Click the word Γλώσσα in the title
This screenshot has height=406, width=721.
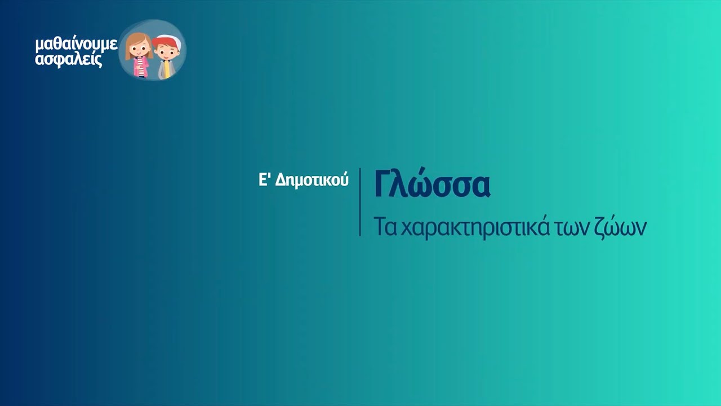tap(432, 185)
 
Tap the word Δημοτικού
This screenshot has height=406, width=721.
tap(312, 180)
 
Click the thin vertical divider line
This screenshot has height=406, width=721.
tap(360, 201)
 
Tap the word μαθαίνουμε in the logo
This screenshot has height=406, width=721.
tap(76, 45)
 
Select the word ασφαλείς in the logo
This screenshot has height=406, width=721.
tap(69, 59)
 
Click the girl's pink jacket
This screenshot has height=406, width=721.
tap(139, 68)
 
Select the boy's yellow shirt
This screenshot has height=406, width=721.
tap(166, 69)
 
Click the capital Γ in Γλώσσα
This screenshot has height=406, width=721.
tap(382, 184)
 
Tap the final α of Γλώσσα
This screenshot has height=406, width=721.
tap(480, 188)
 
